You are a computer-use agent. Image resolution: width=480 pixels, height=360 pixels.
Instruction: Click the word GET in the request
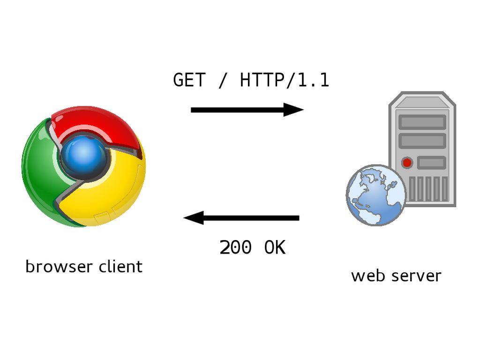tap(189, 80)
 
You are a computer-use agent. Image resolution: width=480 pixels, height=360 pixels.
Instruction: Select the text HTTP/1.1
tap(285, 80)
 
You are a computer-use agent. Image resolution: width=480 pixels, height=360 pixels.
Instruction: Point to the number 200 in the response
tap(235, 247)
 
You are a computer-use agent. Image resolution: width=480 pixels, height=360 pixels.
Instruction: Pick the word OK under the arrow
tap(275, 247)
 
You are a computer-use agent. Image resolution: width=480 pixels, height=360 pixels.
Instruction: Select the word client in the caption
tap(120, 267)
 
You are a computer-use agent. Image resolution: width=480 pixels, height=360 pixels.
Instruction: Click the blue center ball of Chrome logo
tap(84, 155)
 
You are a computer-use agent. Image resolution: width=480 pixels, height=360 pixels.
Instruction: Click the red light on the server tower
tap(407, 163)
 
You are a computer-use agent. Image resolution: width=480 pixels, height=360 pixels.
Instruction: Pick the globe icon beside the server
tap(375, 195)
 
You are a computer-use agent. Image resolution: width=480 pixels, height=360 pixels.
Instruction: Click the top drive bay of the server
tap(422, 122)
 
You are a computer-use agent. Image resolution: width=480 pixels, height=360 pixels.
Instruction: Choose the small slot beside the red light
tap(431, 163)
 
